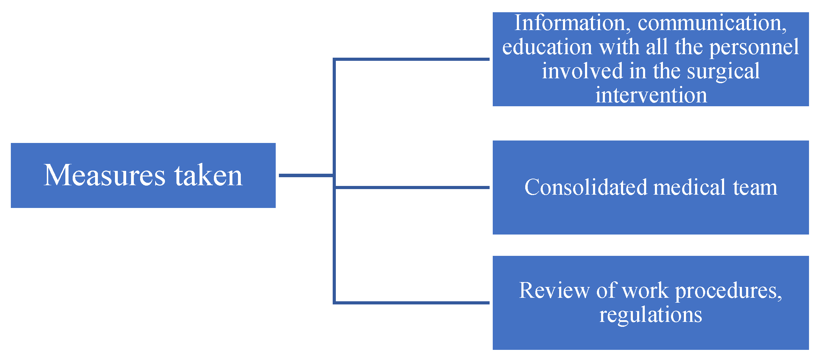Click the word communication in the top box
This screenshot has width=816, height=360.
pos(712,23)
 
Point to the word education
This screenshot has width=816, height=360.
pos(547,47)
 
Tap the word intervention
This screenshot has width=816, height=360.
pos(651,95)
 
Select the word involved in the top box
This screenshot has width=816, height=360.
pos(582,71)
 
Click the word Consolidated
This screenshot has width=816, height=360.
pos(586,187)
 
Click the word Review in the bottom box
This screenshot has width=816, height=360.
pos(554,290)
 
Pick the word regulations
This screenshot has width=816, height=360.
pos(651,315)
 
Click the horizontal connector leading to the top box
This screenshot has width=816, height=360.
pos(412,59)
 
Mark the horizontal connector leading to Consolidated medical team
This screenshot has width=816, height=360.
pos(412,188)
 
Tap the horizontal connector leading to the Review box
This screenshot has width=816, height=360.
pos(412,303)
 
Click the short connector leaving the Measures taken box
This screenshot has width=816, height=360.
pos(306,175)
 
